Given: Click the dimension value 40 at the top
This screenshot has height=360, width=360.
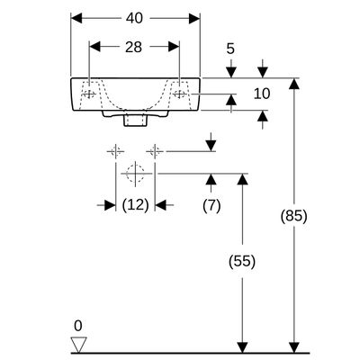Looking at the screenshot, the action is pyautogui.click(x=134, y=18).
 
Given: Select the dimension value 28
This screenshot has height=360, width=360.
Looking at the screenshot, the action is pyautogui.click(x=133, y=47).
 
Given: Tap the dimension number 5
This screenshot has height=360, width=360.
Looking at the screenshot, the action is pyautogui.click(x=230, y=49).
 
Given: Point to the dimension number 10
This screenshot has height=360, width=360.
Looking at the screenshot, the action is pyautogui.click(x=262, y=94).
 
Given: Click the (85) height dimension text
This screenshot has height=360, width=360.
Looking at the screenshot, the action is pyautogui.click(x=294, y=216).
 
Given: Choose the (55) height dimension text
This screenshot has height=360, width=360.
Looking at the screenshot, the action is pyautogui.click(x=242, y=261).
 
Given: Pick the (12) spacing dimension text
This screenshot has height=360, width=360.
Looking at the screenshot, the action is pyautogui.click(x=136, y=205).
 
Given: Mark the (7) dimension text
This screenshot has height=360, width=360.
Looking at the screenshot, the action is pyautogui.click(x=211, y=206).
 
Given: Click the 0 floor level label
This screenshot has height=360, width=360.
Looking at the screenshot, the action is pyautogui.click(x=78, y=326).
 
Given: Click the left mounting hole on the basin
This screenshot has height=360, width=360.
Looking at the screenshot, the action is pyautogui.click(x=89, y=94).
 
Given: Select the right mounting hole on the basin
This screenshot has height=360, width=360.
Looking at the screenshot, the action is pyautogui.click(x=179, y=94).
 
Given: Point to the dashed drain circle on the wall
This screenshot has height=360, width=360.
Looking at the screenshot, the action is pyautogui.click(x=135, y=174).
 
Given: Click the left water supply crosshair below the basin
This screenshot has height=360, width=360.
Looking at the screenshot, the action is pyautogui.click(x=116, y=151).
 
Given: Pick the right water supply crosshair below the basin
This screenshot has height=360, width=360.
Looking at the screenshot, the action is pyautogui.click(x=155, y=151).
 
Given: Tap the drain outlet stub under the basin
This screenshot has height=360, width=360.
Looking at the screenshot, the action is pyautogui.click(x=135, y=119).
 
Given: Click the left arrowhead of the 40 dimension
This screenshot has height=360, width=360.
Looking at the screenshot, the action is pyautogui.click(x=76, y=18).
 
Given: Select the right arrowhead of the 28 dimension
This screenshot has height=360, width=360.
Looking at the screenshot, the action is pyautogui.click(x=174, y=47).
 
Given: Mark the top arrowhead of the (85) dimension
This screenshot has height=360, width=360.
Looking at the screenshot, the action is pyautogui.click(x=294, y=84).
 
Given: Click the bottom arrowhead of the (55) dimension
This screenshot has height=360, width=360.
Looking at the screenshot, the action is pyautogui.click(x=242, y=347).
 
